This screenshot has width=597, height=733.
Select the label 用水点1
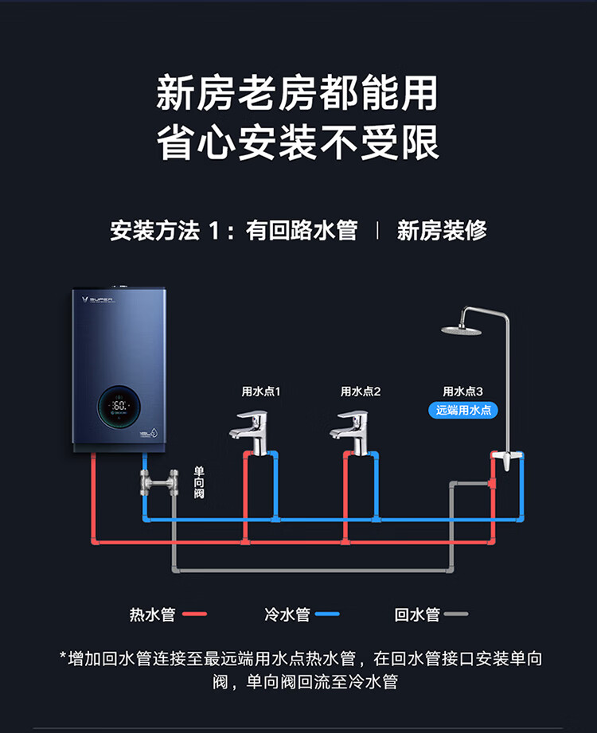pos(261,392)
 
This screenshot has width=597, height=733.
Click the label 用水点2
pos(361,392)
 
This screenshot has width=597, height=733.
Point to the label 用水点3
pos(463,392)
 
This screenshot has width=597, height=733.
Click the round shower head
pos(461,329)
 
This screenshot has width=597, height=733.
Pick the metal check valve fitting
pos(157,482)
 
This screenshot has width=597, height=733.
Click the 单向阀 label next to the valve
pos(199,482)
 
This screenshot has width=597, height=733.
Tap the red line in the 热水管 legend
pos(194,614)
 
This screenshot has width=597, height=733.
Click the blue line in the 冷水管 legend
pos(327,614)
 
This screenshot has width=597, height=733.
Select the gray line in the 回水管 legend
pos(456,614)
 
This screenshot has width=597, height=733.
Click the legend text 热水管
pos(152,614)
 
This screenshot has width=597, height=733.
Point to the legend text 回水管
pos(417,614)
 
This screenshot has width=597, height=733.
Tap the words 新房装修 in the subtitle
pos(442,231)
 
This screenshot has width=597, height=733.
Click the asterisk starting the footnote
pos(63,658)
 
